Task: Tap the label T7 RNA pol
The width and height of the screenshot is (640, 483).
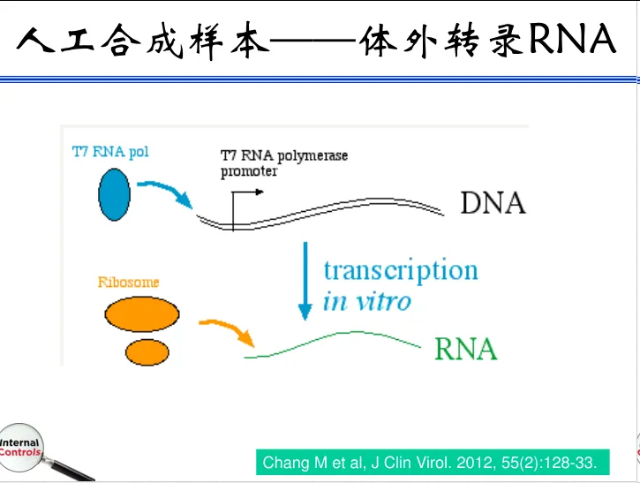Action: click(110, 152)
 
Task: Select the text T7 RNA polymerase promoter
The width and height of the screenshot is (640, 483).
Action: click(283, 163)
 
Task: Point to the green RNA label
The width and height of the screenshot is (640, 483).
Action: click(465, 349)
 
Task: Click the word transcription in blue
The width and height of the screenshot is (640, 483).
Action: click(400, 270)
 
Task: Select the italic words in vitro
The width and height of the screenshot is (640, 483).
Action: click(366, 302)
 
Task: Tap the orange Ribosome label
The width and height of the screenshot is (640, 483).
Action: click(128, 283)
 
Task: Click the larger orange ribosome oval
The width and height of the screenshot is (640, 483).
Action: click(142, 313)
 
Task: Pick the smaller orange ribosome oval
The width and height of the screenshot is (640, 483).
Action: click(147, 351)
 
